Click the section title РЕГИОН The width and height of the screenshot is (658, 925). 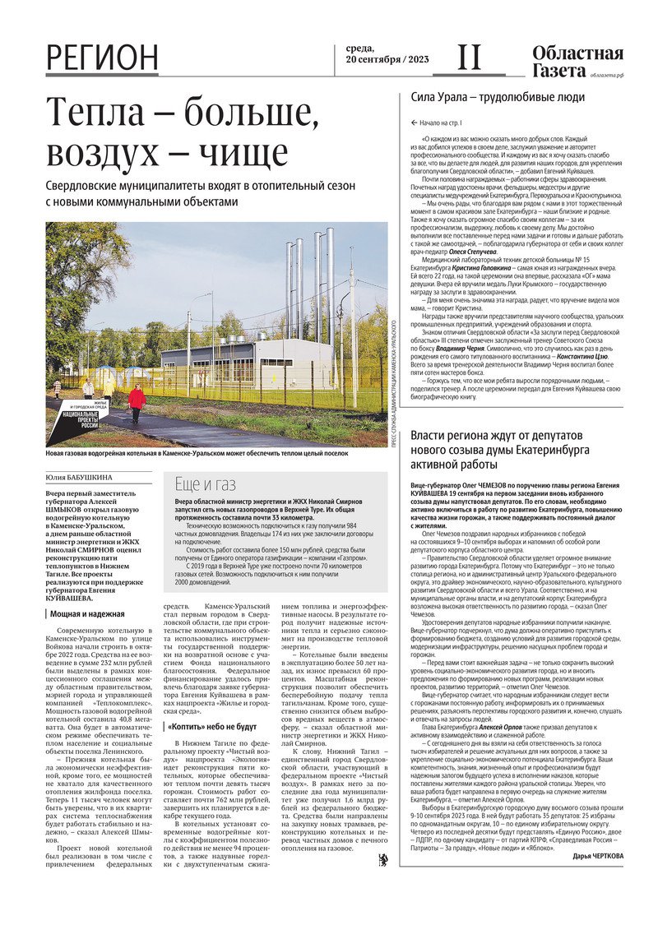point(103,58)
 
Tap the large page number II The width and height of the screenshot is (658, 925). point(469,57)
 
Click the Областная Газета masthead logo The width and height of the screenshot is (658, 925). point(577,62)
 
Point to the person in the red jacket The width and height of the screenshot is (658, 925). point(137,401)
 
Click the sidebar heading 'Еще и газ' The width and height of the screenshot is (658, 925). point(205,483)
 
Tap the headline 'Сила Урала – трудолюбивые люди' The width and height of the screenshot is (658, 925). point(498,97)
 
